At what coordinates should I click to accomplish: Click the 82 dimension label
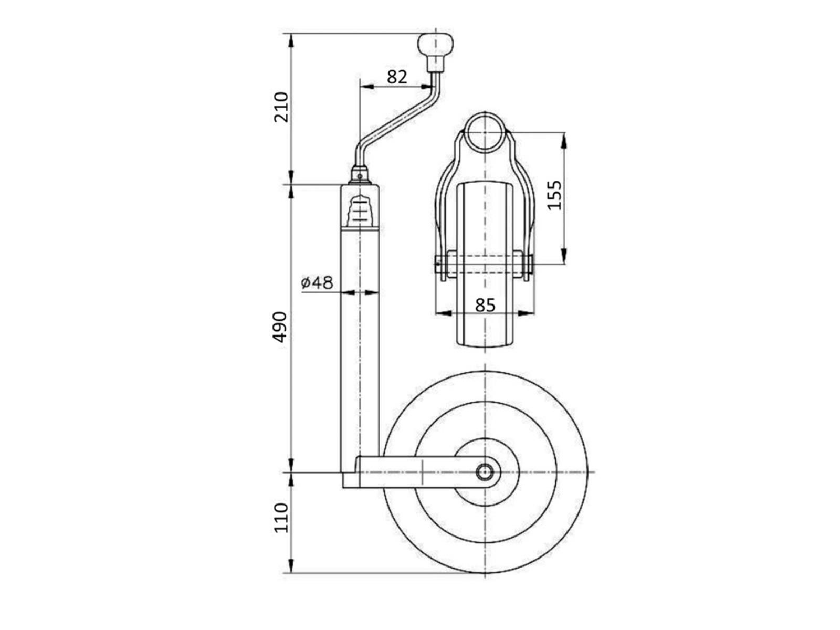[x=397, y=77]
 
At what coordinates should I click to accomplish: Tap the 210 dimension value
[x=281, y=107]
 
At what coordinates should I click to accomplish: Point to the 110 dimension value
[x=281, y=517]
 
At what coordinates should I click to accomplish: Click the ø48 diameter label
[x=317, y=282]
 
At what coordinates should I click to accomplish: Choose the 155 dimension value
[x=554, y=195]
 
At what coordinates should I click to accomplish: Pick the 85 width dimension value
[x=485, y=305]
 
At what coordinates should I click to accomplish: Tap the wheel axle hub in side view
[x=485, y=472]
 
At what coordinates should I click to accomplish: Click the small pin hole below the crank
[x=360, y=176]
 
